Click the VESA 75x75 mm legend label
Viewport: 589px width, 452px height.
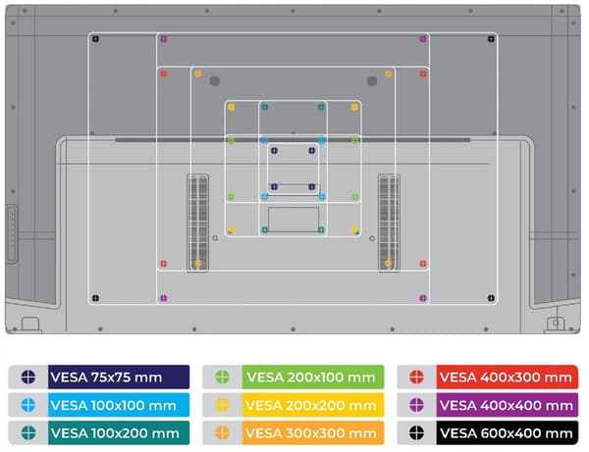tap(106, 377)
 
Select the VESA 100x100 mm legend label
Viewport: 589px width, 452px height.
tap(113, 405)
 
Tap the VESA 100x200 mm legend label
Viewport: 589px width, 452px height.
tap(115, 433)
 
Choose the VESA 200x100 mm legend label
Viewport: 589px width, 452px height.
tap(311, 377)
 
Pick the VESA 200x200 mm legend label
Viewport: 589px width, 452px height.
tap(311, 405)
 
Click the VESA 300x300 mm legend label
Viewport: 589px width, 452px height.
tap(311, 433)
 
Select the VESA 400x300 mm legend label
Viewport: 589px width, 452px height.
tap(506, 377)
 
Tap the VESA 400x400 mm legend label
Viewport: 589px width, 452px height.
tap(507, 405)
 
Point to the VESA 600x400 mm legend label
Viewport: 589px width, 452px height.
tap(507, 433)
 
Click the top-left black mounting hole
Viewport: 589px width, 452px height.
tap(95, 38)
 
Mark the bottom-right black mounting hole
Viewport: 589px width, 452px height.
tap(491, 298)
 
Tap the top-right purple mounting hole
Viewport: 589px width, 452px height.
tap(423, 38)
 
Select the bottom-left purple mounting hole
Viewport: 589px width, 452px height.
tap(163, 298)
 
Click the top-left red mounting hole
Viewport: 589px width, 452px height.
tap(163, 74)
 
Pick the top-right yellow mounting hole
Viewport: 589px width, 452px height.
tap(354, 107)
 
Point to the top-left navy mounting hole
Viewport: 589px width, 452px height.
tap(274, 150)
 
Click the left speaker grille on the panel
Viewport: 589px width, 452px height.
tap(198, 223)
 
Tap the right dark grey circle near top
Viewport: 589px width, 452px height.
tap(372, 81)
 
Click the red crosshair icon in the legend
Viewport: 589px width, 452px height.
tap(416, 377)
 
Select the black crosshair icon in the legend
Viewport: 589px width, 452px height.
tap(416, 432)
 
